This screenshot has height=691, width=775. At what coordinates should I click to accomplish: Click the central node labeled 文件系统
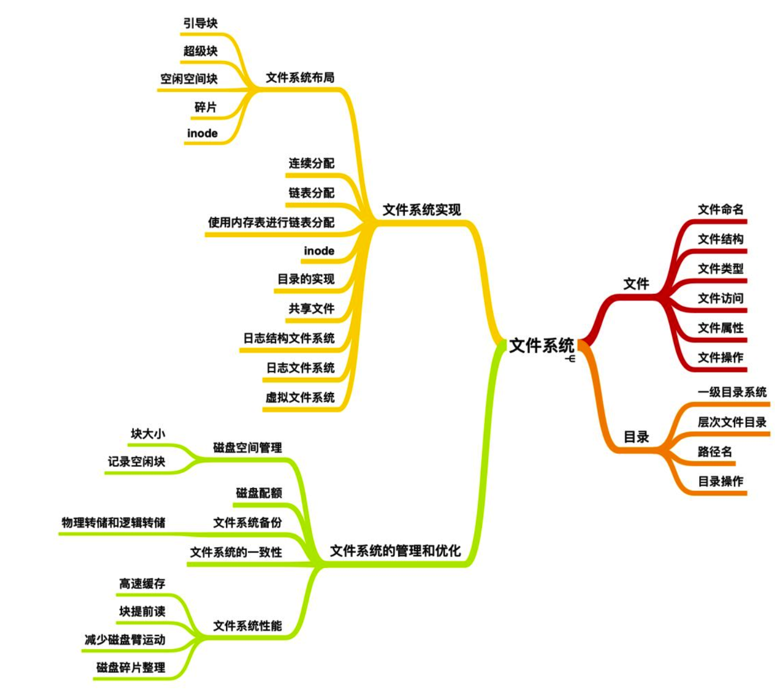[x=541, y=345]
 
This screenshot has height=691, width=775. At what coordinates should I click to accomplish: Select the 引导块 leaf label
[x=200, y=23]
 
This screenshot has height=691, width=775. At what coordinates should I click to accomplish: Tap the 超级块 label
[x=200, y=51]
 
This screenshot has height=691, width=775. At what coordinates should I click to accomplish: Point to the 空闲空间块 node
[x=189, y=79]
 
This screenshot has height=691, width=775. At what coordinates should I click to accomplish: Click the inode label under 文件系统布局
[x=202, y=133]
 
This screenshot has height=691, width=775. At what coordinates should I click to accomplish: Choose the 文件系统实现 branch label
[x=422, y=210]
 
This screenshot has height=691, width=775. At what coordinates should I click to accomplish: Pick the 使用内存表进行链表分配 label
[x=271, y=222]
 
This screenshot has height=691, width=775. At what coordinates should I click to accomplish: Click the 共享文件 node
[x=311, y=309]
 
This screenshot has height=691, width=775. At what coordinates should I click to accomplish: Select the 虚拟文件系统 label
[x=300, y=398]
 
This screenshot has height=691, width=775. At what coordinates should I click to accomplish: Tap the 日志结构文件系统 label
[x=289, y=338]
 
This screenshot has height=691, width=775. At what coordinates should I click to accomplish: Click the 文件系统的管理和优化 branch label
[x=395, y=551]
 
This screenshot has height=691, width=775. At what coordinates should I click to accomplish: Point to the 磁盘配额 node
[x=259, y=493]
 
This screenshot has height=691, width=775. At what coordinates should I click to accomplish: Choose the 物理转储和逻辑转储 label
[x=113, y=522]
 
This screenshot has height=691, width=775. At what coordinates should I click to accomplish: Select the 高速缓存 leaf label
[x=142, y=584]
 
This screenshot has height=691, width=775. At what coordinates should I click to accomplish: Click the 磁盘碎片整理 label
[x=131, y=668]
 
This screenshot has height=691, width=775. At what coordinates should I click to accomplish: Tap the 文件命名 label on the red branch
[x=720, y=210]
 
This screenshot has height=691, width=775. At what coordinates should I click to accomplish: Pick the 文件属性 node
[x=720, y=328]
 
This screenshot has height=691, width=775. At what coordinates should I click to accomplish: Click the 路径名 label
[x=715, y=452]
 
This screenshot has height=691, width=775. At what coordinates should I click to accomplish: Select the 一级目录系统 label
[x=732, y=392]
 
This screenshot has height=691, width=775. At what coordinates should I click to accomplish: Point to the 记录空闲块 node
[x=136, y=462]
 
